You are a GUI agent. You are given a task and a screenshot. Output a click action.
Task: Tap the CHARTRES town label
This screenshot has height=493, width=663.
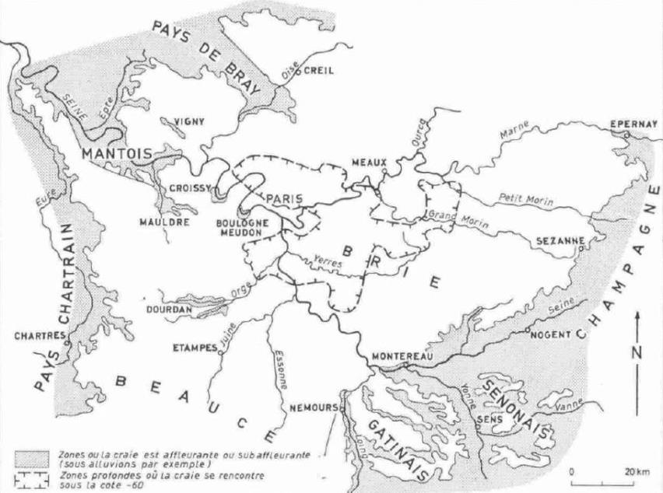pos(37,336)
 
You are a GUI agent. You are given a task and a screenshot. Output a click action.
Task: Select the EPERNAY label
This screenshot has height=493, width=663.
pos(634,124)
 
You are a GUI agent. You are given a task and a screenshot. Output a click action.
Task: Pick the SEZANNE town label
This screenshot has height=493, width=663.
pos(560,241)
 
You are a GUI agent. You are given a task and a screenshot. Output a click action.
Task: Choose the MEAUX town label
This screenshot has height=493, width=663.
pos(369,162)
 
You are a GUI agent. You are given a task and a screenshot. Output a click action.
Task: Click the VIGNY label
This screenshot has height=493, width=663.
pos(190,121)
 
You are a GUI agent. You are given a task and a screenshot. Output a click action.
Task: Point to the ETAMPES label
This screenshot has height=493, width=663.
pos(194,348)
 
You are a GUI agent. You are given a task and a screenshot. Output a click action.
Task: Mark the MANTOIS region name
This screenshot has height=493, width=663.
pos(118,152)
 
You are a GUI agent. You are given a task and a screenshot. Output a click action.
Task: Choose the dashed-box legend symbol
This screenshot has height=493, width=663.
pos(31,476)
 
